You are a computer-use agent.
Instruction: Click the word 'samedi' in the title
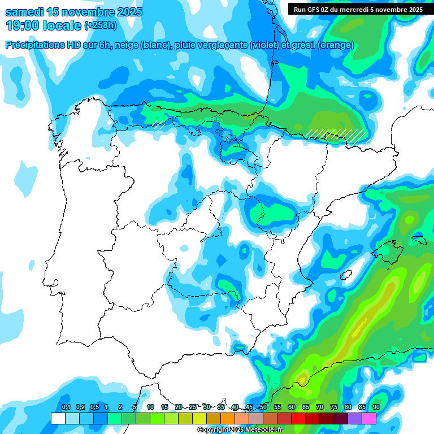tap(26, 12)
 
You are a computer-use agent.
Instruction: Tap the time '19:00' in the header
tap(23, 25)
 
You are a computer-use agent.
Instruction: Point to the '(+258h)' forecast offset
tap(100, 26)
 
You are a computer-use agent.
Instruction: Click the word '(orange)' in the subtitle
tap(336, 45)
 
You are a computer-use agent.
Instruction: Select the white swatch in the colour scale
tap(58, 418)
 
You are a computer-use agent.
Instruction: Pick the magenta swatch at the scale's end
tap(369, 418)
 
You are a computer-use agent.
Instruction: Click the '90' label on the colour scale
tap(376, 407)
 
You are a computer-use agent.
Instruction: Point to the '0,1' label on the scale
tap(66, 407)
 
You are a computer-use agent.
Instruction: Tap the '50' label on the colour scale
tap(263, 407)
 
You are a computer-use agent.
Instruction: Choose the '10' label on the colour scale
tap(150, 407)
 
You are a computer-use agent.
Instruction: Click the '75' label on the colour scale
tap(333, 407)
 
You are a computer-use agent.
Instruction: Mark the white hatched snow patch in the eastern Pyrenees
tap(336, 134)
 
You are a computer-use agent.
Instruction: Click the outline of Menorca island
tap(419, 239)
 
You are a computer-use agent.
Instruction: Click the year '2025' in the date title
tap(128, 12)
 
